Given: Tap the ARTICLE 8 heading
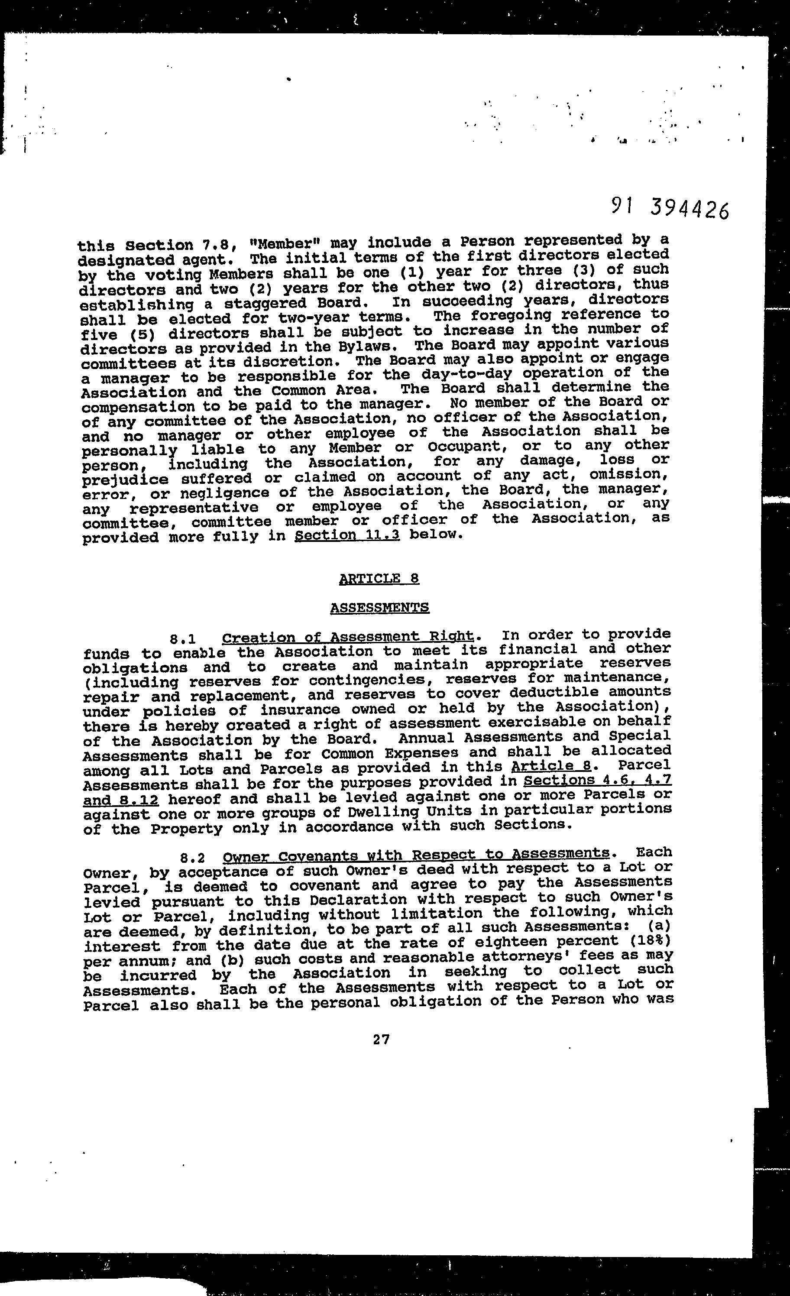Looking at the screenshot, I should point(379,579).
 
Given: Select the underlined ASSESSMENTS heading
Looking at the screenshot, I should point(379,607).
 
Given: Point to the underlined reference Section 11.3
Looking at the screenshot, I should point(347,535).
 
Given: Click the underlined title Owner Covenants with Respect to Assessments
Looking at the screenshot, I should point(415,855).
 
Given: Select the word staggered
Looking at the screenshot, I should point(266,304).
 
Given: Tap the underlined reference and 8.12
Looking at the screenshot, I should point(121,800).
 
